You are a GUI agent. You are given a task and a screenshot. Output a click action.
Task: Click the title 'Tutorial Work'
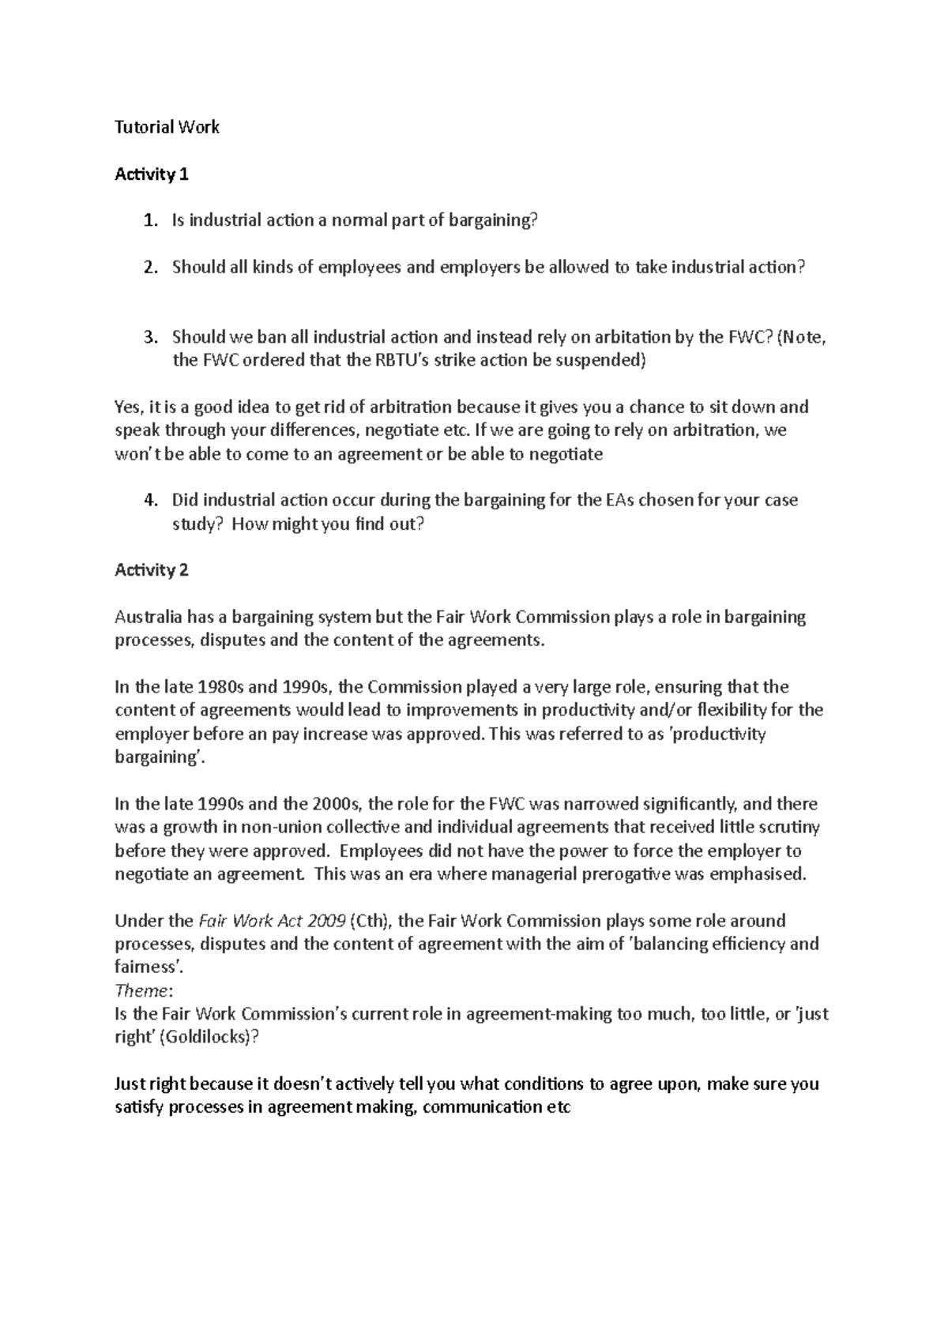point(167,127)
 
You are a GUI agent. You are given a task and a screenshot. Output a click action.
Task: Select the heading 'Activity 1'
point(152,175)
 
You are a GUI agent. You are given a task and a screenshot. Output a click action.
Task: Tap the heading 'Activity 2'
point(152,570)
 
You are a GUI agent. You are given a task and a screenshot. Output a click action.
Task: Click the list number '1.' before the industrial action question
point(150,221)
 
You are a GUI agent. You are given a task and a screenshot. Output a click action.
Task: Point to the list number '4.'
point(150,501)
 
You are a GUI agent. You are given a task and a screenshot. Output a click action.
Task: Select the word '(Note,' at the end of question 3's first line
point(802,338)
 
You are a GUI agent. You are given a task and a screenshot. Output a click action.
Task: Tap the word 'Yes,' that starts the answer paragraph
point(129,408)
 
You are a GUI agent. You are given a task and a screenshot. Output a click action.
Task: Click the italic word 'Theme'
point(141,990)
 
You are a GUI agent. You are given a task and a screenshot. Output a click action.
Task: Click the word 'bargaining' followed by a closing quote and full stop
point(157,757)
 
